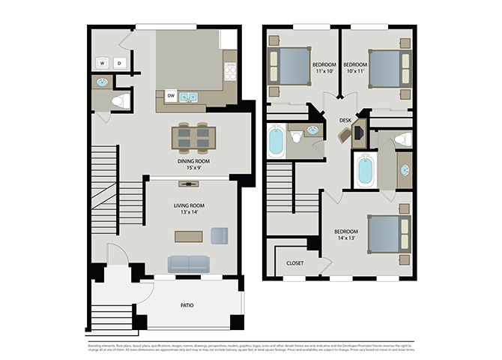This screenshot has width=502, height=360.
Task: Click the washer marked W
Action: pos(102,63)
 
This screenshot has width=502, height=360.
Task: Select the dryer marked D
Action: pos(119,63)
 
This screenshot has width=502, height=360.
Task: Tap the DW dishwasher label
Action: pos(171,96)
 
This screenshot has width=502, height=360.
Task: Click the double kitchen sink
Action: pos(188,96)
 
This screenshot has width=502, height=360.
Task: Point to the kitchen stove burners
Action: pos(230,71)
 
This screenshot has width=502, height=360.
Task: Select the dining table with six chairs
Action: pos(193,137)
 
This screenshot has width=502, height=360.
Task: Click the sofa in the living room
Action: pos(189,264)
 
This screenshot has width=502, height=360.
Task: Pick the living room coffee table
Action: pos(189,236)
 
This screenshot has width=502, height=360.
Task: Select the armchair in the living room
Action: pos(219,235)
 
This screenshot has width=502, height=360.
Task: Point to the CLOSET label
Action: pos(294,263)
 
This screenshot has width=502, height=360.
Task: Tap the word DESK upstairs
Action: pos(345,120)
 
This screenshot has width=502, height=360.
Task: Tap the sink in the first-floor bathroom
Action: pos(102,82)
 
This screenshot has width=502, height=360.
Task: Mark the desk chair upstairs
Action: pos(345,135)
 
